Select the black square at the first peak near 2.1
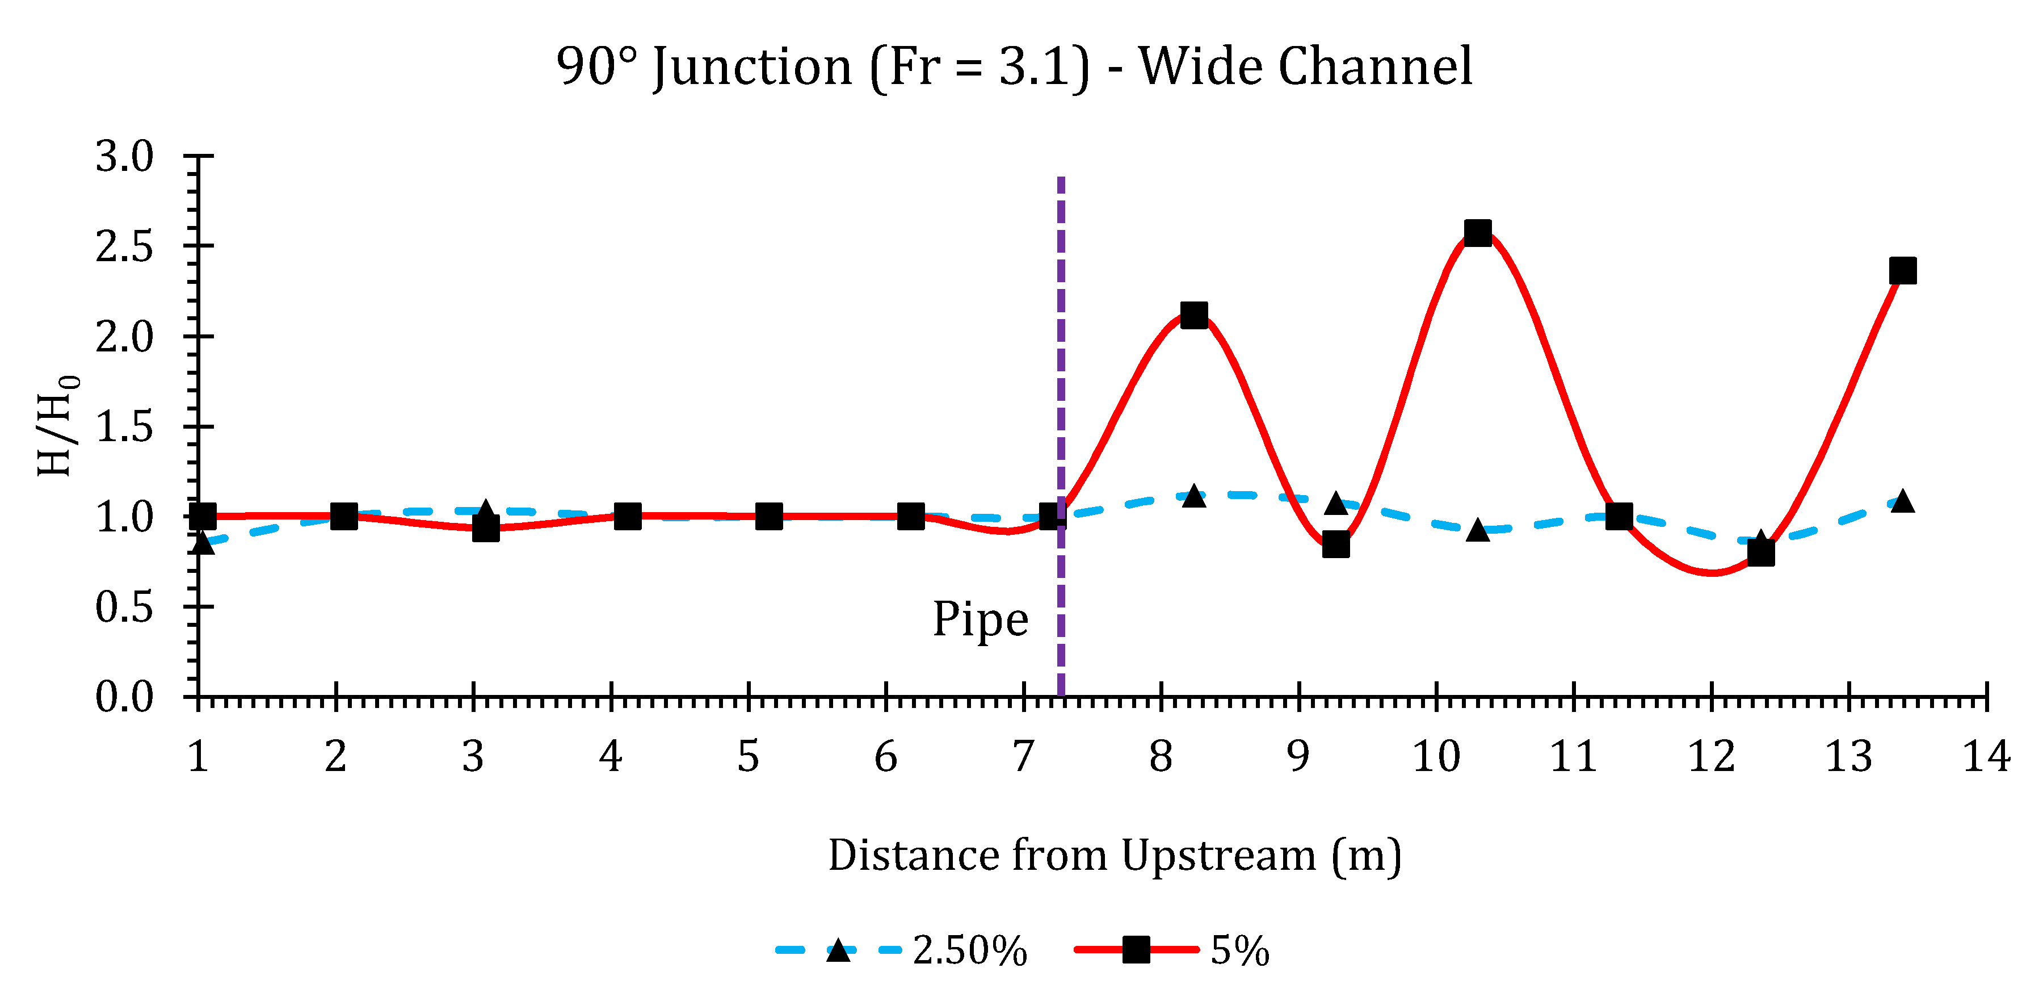[1193, 315]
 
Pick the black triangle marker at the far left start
[202, 543]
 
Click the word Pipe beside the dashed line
[980, 619]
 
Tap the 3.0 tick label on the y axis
[124, 156]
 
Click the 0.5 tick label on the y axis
[124, 608]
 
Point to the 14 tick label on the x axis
[1986, 757]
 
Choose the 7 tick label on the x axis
[1023, 757]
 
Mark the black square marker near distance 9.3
[1335, 545]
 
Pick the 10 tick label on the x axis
[1436, 757]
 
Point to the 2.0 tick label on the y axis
[124, 337]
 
